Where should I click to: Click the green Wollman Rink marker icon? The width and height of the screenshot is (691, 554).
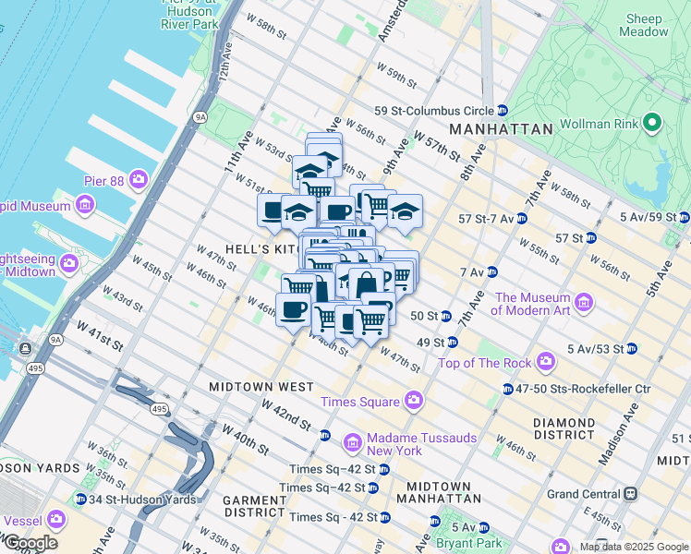click(x=652, y=123)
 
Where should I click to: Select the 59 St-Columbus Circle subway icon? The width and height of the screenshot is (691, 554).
click(x=502, y=109)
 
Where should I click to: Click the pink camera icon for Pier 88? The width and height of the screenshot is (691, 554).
click(x=139, y=177)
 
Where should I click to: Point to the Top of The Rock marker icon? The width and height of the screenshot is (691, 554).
click(x=545, y=359)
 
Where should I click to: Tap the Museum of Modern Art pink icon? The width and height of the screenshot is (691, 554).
click(x=583, y=303)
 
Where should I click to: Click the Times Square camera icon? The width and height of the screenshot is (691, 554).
click(x=413, y=401)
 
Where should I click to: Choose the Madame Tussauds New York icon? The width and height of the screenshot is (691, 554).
click(x=351, y=443)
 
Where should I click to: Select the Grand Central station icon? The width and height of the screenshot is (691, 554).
click(x=631, y=493)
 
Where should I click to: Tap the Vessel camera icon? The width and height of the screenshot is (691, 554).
click(x=55, y=520)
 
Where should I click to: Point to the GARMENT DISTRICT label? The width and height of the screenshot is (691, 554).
click(x=254, y=506)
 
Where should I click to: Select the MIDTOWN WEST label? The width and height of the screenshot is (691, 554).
click(x=261, y=386)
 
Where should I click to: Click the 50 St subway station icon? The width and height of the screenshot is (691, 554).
click(x=444, y=316)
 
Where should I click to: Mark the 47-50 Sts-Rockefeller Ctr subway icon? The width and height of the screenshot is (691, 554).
click(x=508, y=389)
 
